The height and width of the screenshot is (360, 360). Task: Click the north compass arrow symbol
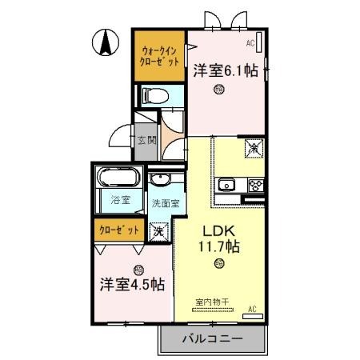pos(105,42)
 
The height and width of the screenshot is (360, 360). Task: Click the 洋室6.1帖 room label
pos(224,70)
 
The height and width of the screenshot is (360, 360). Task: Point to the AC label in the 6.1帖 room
pos(250,42)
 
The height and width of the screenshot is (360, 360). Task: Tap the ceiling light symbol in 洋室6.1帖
pos(218,90)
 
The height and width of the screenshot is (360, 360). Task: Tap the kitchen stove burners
pos(255,186)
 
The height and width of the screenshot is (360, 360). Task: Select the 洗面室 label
pos(165,203)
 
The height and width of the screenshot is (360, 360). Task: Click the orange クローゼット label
pos(118,230)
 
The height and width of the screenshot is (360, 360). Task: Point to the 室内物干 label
pos(212,302)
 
